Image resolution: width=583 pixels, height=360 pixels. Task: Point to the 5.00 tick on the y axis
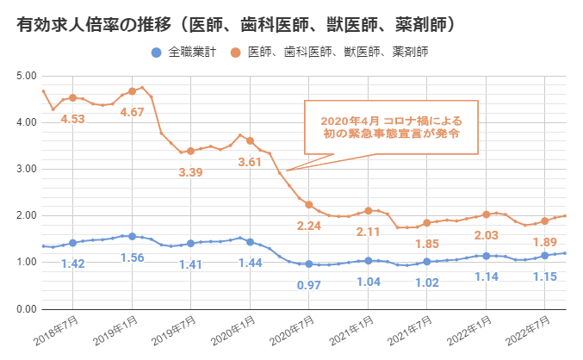pyautogui.click(x=26, y=76)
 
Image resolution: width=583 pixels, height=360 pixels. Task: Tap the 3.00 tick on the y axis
pyautogui.click(x=26, y=169)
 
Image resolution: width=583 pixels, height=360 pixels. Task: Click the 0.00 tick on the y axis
pyautogui.click(x=26, y=309)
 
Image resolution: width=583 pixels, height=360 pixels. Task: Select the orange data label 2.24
pyautogui.click(x=308, y=226)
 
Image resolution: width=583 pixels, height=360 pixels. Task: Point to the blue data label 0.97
pyautogui.click(x=308, y=284)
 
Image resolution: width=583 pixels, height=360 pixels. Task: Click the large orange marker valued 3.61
pyautogui.click(x=250, y=140)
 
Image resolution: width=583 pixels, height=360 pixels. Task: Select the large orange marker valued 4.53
pyautogui.click(x=72, y=98)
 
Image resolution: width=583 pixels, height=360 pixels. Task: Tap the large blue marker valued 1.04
pyautogui.click(x=368, y=260)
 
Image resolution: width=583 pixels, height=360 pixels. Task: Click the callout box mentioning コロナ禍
pyautogui.click(x=390, y=128)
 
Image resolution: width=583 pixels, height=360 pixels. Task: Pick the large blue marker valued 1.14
pyautogui.click(x=486, y=256)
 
